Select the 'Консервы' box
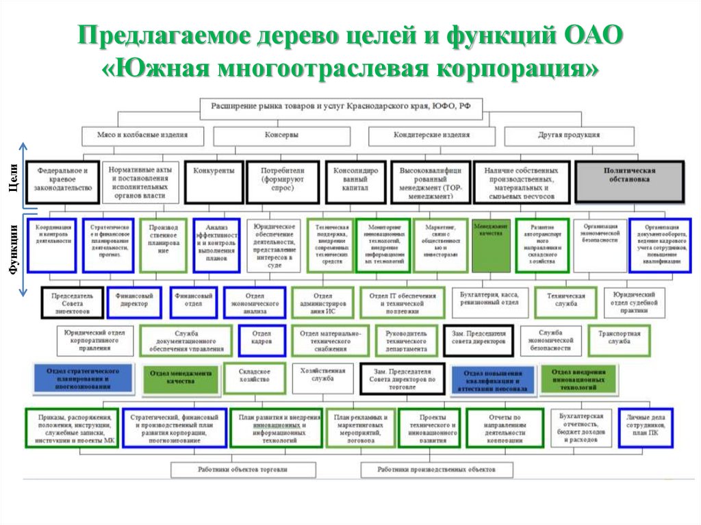[x=282, y=136]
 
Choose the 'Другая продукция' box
[x=569, y=136]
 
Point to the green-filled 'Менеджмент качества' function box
[x=491, y=245]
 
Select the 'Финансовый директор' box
[x=134, y=302]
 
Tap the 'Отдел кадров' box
[x=262, y=340]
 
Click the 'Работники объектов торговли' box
[x=243, y=470]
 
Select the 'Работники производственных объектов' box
[x=437, y=470]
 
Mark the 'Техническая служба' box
[x=565, y=302]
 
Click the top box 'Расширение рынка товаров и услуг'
[x=341, y=107]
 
